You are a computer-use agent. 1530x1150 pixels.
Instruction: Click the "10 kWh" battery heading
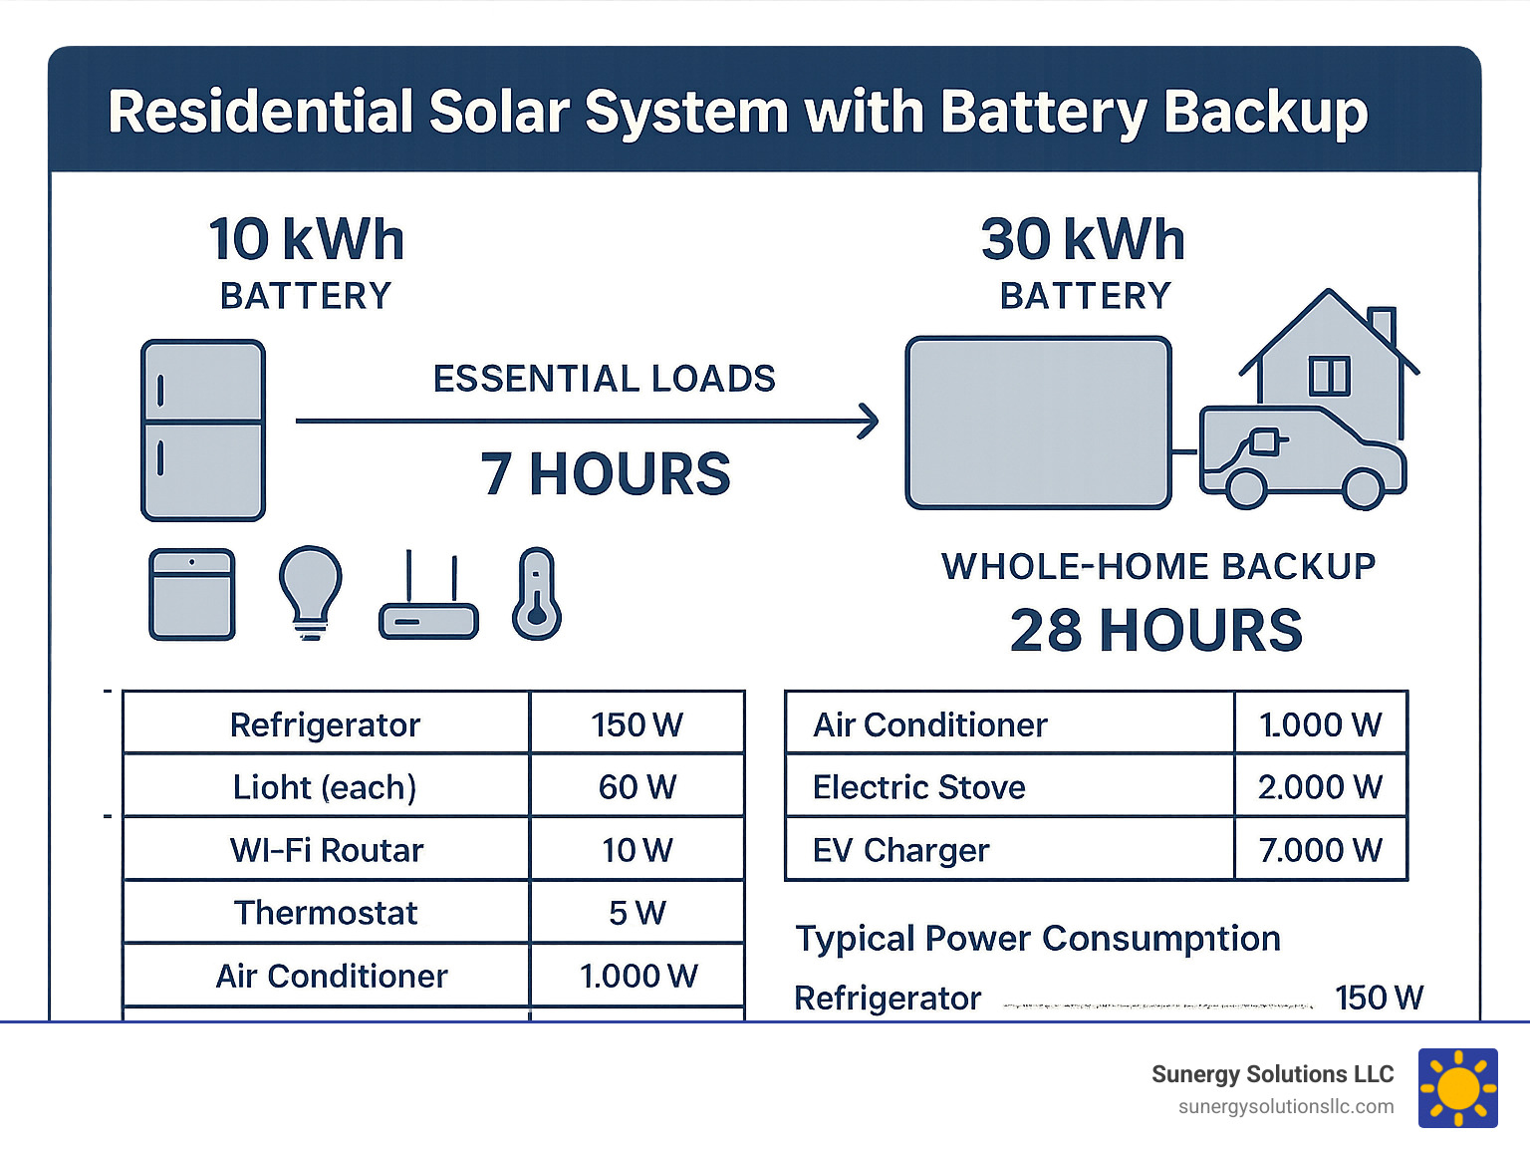tap(307, 240)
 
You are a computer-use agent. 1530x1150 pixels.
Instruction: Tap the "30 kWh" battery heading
tap(1084, 240)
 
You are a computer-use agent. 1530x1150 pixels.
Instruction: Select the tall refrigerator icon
tap(203, 431)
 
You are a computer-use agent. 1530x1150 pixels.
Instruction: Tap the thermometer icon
tap(537, 594)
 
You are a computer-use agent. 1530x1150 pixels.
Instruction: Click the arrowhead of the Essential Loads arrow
tap(869, 422)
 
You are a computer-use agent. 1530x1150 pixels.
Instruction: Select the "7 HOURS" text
tap(606, 474)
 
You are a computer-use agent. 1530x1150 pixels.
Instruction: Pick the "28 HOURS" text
tap(1156, 631)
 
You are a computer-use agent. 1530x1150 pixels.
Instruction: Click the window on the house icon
tap(1329, 376)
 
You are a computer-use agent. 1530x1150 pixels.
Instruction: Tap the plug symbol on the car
tap(1263, 441)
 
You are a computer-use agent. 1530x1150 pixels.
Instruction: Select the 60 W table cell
tap(637, 787)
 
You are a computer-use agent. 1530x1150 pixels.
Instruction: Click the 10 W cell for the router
tap(637, 850)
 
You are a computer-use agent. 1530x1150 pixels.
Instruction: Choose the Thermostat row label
tap(326, 913)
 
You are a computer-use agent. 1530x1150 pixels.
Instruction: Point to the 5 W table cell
tap(637, 913)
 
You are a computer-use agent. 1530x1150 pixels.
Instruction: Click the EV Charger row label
tap(901, 850)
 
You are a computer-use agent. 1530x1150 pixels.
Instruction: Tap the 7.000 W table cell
tap(1321, 850)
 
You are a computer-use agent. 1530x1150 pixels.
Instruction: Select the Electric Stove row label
tap(919, 787)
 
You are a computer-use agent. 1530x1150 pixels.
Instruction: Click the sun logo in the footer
tap(1458, 1088)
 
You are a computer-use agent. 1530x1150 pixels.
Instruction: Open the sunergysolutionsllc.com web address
tap(1286, 1107)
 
